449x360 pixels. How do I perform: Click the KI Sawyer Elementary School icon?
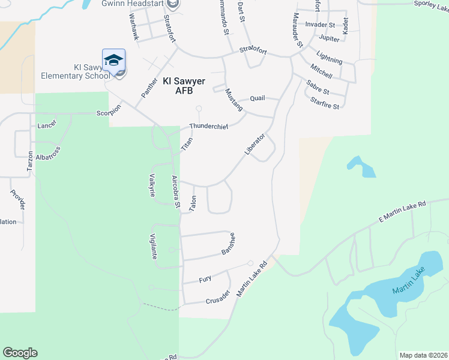(x=113, y=61)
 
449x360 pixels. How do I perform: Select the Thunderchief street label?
(x=209, y=126)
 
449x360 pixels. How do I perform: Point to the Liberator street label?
(x=255, y=144)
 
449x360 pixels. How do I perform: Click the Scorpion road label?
(x=109, y=110)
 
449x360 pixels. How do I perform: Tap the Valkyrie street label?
(x=152, y=185)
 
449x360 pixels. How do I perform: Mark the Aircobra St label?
(x=176, y=191)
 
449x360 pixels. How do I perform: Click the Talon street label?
(x=193, y=203)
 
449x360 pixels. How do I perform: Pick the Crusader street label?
(x=218, y=297)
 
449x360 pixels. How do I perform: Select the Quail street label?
(x=258, y=99)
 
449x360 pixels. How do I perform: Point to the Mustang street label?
(x=234, y=100)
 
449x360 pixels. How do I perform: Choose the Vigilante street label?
(x=154, y=245)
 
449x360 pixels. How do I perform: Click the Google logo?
(x=20, y=353)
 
